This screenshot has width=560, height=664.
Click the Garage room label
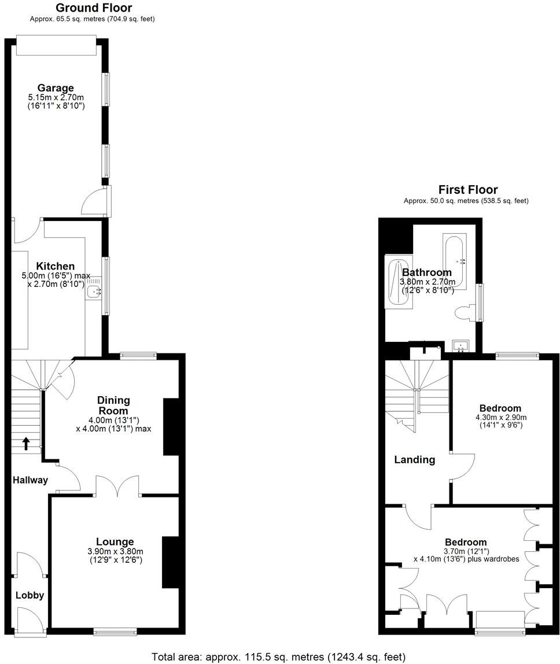pyautogui.click(x=56, y=88)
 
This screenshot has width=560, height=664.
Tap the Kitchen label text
pyautogui.click(x=56, y=266)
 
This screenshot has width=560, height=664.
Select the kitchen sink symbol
pyautogui.click(x=95, y=290)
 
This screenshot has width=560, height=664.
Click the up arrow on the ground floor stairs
pyautogui.click(x=26, y=443)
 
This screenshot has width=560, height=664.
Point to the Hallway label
pyautogui.click(x=30, y=480)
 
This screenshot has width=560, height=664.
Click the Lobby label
pyautogui.click(x=30, y=595)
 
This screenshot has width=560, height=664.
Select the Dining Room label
pyautogui.click(x=113, y=405)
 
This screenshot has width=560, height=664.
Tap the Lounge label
pyautogui.click(x=115, y=541)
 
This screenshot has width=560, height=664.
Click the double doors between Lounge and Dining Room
pyautogui.click(x=118, y=486)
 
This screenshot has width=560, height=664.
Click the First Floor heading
pyautogui.click(x=467, y=190)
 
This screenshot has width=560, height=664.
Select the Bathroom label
pyautogui.click(x=427, y=272)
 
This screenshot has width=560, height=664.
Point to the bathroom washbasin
pyautogui.click(x=461, y=346)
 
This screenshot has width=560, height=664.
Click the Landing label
pyautogui.click(x=414, y=460)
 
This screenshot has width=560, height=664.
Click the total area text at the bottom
pyautogui.click(x=278, y=657)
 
